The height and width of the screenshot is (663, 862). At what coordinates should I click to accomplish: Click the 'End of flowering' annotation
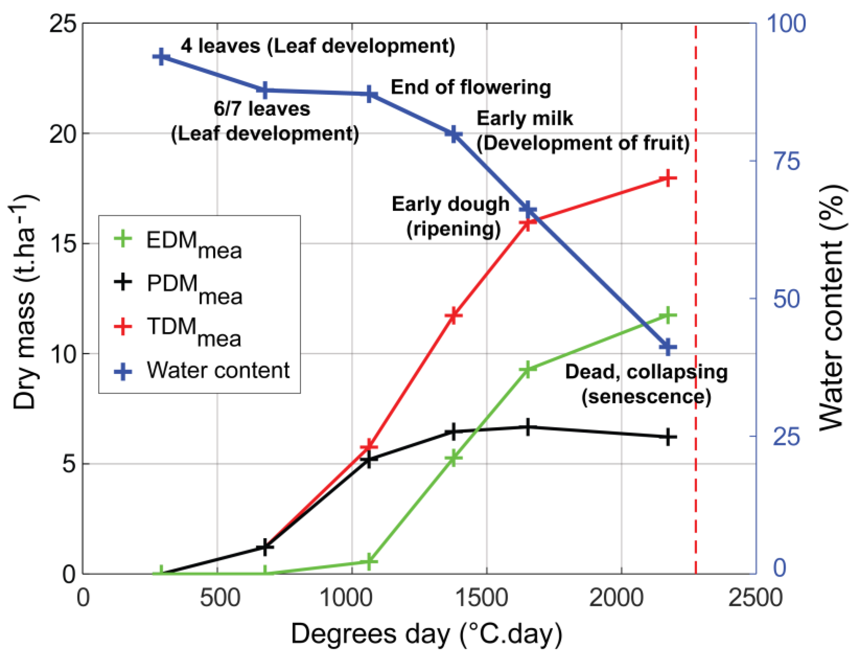click(470, 87)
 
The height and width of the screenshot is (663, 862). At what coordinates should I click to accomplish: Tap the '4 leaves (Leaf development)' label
click(318, 46)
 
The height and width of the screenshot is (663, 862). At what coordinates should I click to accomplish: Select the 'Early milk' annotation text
click(524, 118)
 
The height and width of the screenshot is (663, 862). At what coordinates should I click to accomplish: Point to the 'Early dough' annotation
click(450, 204)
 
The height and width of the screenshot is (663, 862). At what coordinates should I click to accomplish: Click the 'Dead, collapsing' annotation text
click(646, 372)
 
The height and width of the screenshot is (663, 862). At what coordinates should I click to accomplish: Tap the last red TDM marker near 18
click(667, 178)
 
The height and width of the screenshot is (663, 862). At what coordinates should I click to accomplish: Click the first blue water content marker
click(161, 57)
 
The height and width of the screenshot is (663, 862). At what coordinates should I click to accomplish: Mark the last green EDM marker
click(667, 315)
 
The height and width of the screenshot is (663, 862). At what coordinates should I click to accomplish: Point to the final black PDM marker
click(667, 437)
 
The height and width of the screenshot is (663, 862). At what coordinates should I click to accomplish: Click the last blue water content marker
click(667, 347)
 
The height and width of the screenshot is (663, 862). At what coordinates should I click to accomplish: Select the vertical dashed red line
click(695, 276)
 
